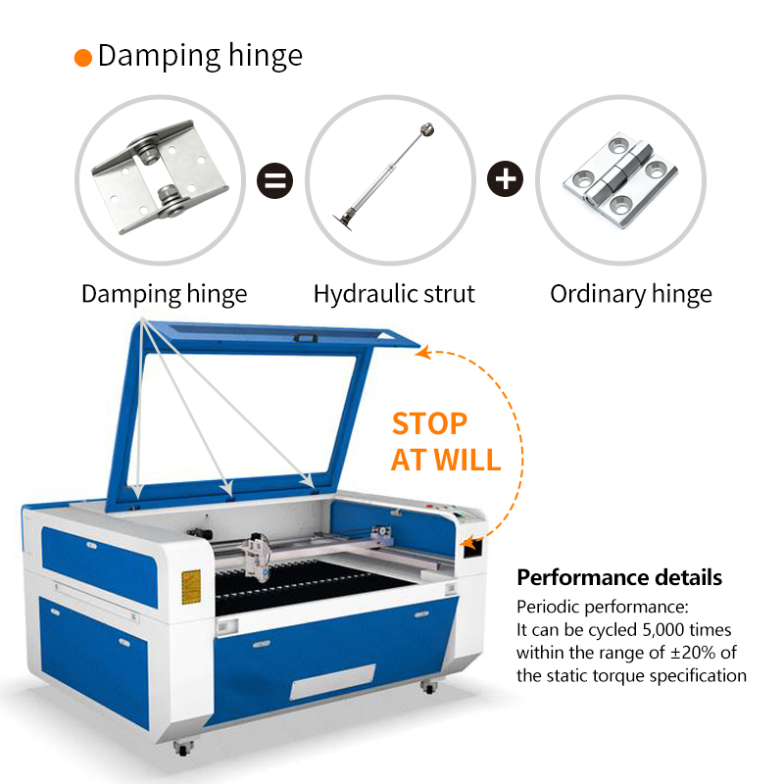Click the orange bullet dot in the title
coord(83,58)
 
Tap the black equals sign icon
coord(274,180)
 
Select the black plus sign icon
coord(505,179)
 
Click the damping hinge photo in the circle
coord(160,176)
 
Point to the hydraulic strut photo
coord(384,176)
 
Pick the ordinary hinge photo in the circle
coord(620,180)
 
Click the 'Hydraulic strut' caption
coord(394,293)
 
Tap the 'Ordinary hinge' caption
coord(631,294)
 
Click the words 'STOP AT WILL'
coord(446,442)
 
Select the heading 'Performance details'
coord(619,577)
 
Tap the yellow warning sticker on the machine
coord(191,586)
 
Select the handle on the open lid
coord(305,338)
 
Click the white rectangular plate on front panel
coord(332,682)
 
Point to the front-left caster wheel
coord(183,748)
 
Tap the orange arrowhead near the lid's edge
coord(423,352)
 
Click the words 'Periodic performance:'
coord(603,607)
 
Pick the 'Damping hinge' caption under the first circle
coord(164,294)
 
